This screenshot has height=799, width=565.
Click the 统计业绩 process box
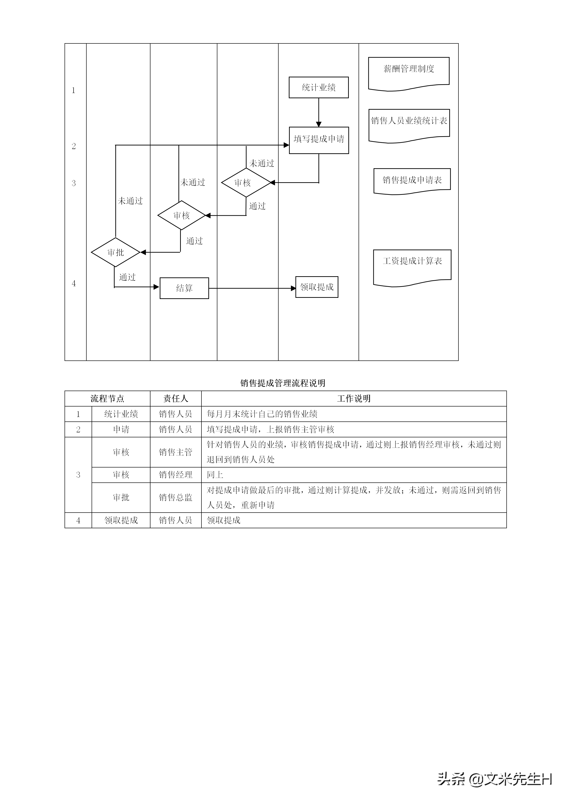318,87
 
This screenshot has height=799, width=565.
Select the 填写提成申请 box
319,140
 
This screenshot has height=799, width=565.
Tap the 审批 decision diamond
116,252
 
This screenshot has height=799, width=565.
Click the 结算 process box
184,288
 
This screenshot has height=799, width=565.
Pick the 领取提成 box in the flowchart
317,287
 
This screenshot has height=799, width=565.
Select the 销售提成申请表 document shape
412,180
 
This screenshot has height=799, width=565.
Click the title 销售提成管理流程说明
282,383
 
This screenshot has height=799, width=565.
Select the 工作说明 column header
354,398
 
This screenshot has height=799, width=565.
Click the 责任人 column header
176,398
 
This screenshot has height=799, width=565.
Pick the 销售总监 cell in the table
176,498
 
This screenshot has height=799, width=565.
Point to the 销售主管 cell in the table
176,452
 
